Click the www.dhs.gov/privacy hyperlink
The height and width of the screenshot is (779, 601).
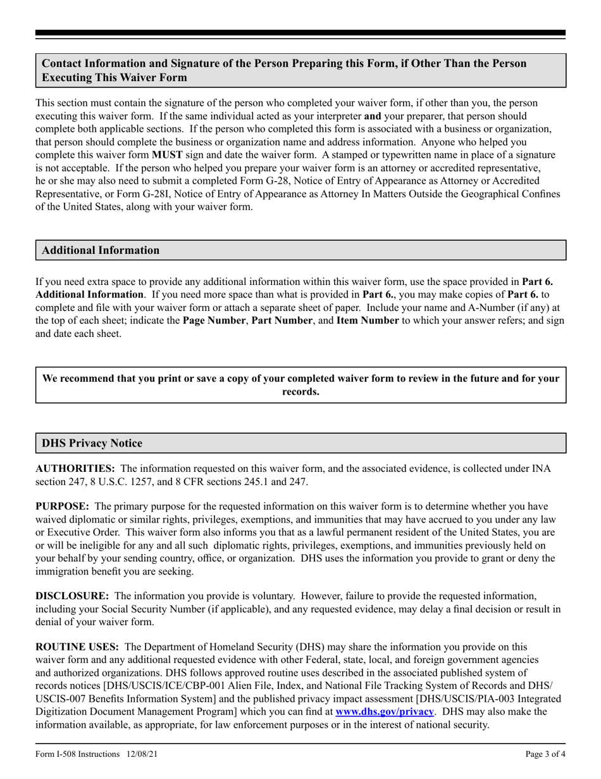pyautogui.click(x=385, y=712)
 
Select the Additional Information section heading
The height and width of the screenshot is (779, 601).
pyautogui.click(x=101, y=250)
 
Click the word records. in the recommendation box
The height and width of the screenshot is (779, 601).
pyautogui.click(x=300, y=392)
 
